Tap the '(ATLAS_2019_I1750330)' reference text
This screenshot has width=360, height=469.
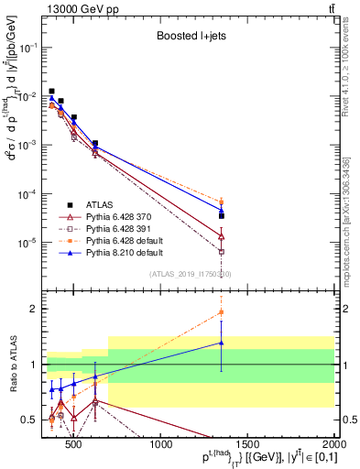point(190,274)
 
